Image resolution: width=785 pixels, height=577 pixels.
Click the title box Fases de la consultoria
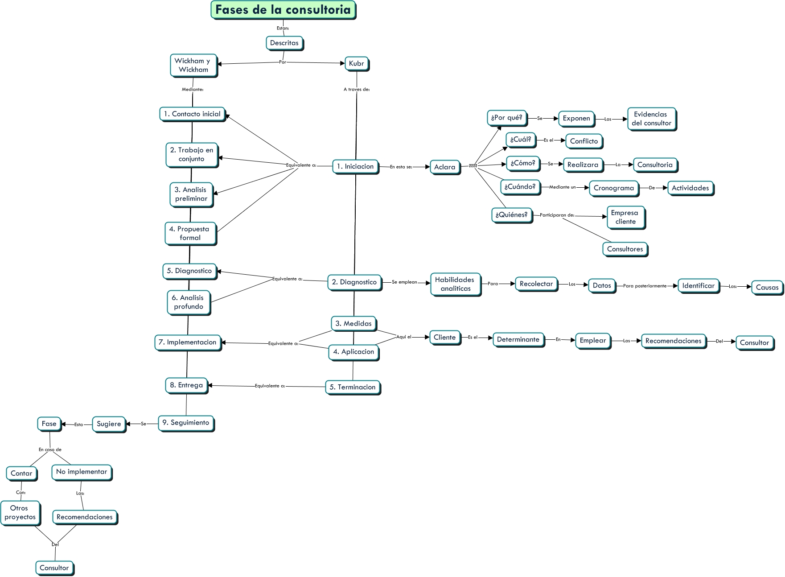point(283,10)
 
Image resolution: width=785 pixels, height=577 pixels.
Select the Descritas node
point(284,43)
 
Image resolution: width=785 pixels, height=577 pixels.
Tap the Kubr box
point(356,63)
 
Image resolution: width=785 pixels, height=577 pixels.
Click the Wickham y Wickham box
point(193,65)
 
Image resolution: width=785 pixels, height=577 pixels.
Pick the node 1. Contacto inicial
point(192,114)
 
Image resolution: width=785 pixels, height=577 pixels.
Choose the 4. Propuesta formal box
point(190,233)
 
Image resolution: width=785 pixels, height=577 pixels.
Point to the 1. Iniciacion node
point(355,166)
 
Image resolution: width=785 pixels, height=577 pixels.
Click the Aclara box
point(444,167)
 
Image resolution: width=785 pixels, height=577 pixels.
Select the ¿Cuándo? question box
point(520,187)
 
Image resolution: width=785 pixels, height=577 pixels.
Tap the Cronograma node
point(613,188)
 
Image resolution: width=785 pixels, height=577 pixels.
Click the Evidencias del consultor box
point(651,119)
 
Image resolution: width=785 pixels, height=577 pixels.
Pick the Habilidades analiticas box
point(455,284)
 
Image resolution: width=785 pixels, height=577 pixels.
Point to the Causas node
point(767,288)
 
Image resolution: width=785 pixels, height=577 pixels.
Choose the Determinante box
point(518,340)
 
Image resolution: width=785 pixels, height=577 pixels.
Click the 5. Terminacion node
point(352,387)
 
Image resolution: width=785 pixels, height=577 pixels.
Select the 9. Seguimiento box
point(185,423)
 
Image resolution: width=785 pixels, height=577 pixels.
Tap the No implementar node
point(81,472)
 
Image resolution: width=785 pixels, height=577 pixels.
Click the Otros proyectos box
point(20,513)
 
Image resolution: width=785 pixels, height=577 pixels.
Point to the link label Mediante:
point(193,89)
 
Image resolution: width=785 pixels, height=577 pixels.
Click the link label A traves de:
point(357,89)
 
